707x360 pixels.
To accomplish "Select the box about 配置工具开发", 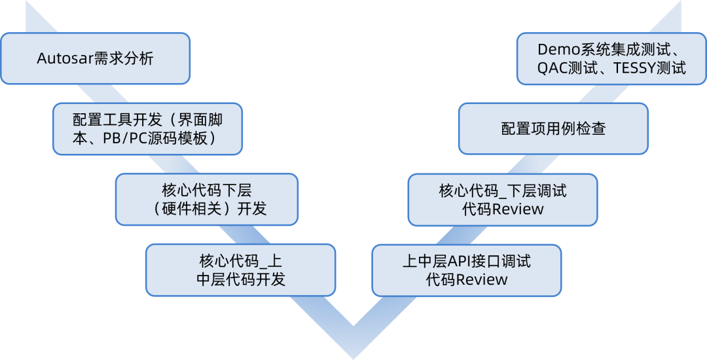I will click(147, 128).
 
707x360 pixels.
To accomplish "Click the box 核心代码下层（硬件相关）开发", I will click(206, 199).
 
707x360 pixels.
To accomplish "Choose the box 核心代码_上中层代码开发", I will click(240, 269).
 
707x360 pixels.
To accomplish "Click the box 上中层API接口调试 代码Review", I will click(466, 270).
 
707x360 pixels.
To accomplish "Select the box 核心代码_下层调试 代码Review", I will click(502, 199).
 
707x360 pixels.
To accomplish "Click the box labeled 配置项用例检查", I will click(553, 128).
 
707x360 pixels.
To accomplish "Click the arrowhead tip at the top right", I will click(681, 2).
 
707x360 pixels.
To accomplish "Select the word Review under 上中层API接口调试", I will click(481, 279).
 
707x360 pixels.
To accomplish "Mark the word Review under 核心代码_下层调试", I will click(517, 209).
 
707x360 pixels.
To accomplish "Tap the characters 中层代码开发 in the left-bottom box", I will click(240, 279).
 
